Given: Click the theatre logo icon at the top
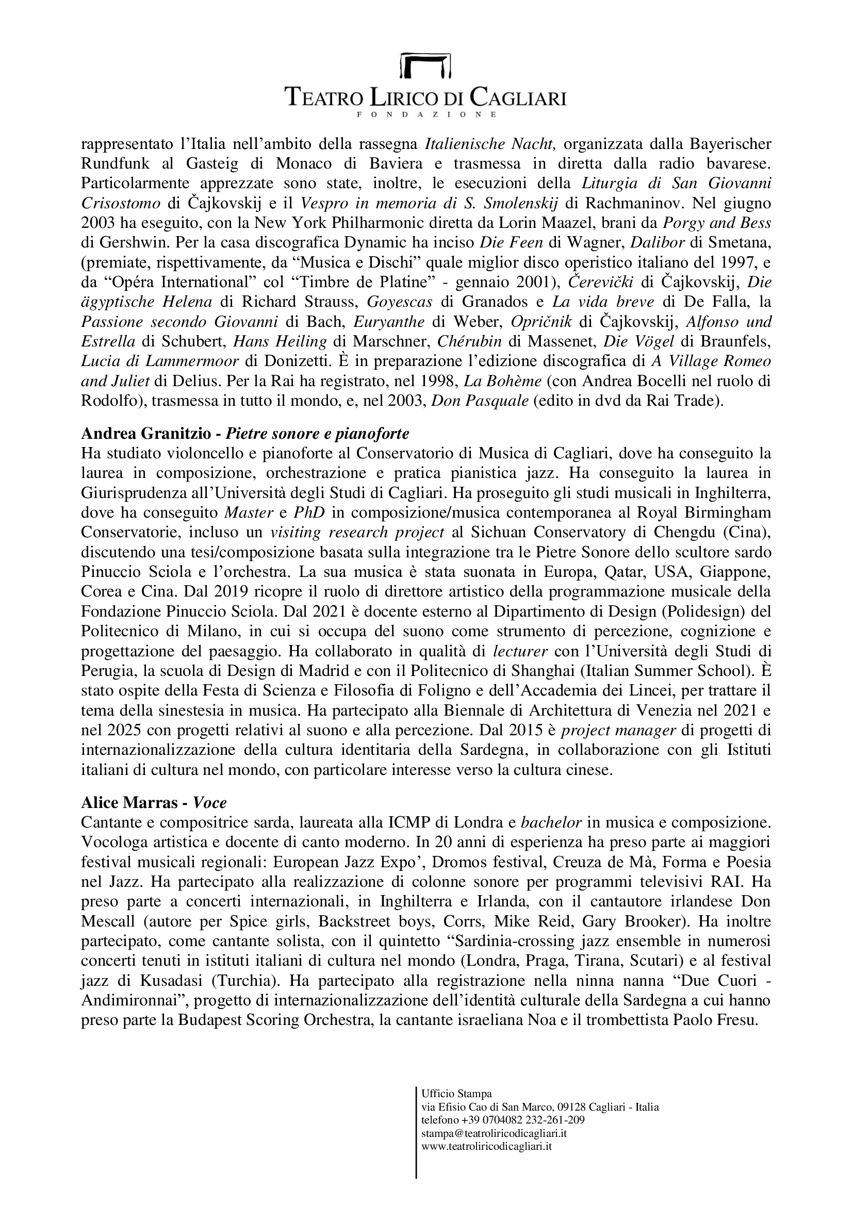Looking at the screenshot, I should click(426, 65).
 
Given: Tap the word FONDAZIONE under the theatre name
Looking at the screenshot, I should click(426, 114).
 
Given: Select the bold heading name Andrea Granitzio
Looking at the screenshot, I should click(144, 434).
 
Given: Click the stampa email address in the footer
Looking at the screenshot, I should click(494, 1133).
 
